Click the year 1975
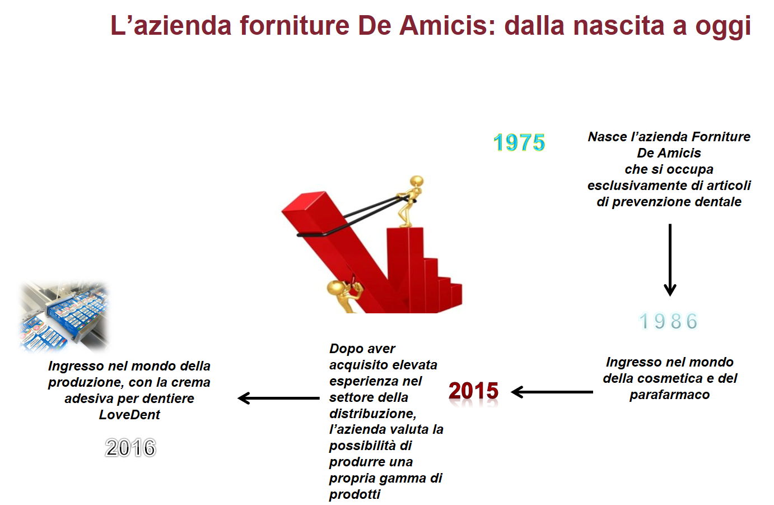tap(519, 142)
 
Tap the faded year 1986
tap(668, 321)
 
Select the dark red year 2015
tap(473, 391)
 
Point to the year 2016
tap(130, 448)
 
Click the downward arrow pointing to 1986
tap(670, 260)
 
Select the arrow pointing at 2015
tap(552, 392)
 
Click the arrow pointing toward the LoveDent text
tap(278, 398)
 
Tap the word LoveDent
tap(129, 414)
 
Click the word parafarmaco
tap(669, 395)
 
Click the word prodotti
tap(355, 494)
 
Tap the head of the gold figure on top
tap(416, 182)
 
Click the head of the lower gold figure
tap(335, 288)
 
